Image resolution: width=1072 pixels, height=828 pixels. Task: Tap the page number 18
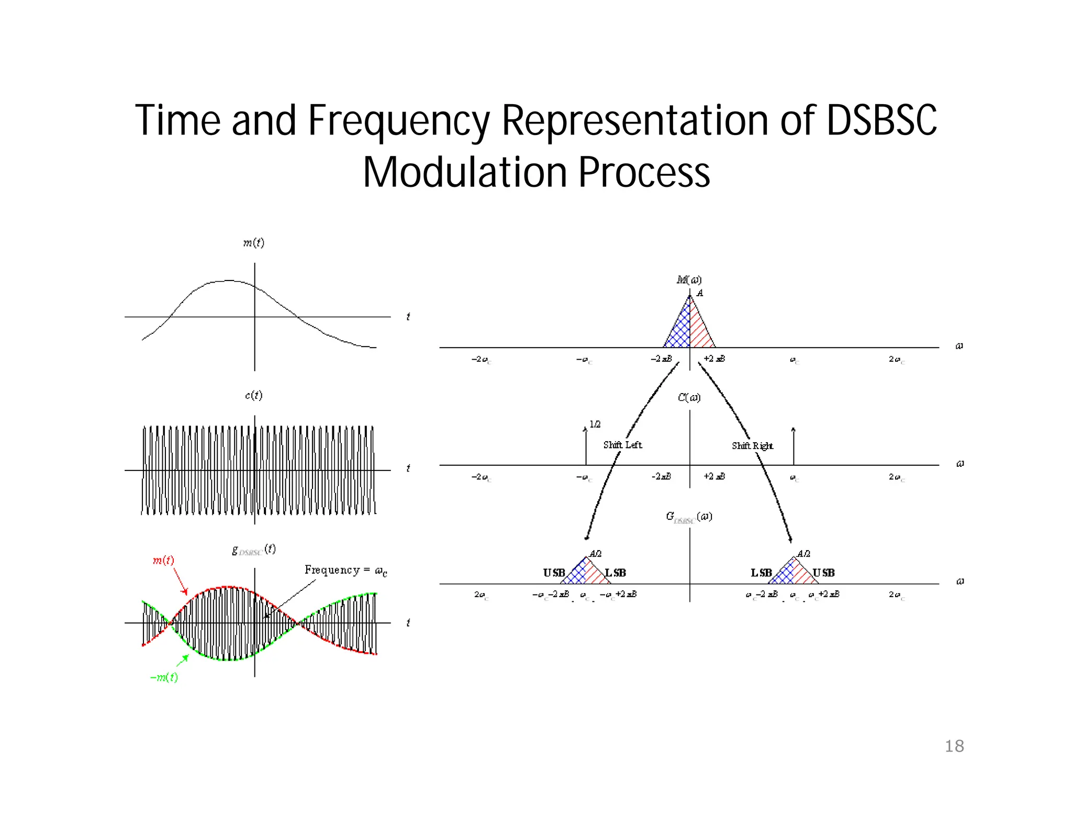(954, 746)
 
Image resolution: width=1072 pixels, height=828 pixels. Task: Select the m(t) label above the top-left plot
(254, 243)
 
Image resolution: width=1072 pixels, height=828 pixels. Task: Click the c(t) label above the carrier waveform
(254, 395)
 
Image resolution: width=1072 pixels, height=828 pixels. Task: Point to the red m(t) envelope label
(163, 561)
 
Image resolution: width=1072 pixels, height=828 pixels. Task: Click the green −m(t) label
(164, 677)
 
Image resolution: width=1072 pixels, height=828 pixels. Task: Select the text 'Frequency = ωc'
(346, 570)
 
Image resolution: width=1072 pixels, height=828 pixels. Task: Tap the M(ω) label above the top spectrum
(689, 280)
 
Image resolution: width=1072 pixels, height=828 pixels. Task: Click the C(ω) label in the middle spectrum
(689, 398)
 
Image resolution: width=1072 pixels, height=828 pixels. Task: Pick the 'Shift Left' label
(622, 445)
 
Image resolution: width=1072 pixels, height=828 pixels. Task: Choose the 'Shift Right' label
(752, 446)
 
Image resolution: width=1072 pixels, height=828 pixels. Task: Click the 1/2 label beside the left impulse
(595, 424)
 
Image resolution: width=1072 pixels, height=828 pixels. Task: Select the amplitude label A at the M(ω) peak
(700, 293)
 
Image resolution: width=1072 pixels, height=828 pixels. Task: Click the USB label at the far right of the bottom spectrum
(823, 573)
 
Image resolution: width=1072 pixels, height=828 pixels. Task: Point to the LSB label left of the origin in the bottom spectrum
(616, 573)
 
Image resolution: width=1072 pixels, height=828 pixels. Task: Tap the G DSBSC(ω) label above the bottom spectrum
(689, 517)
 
